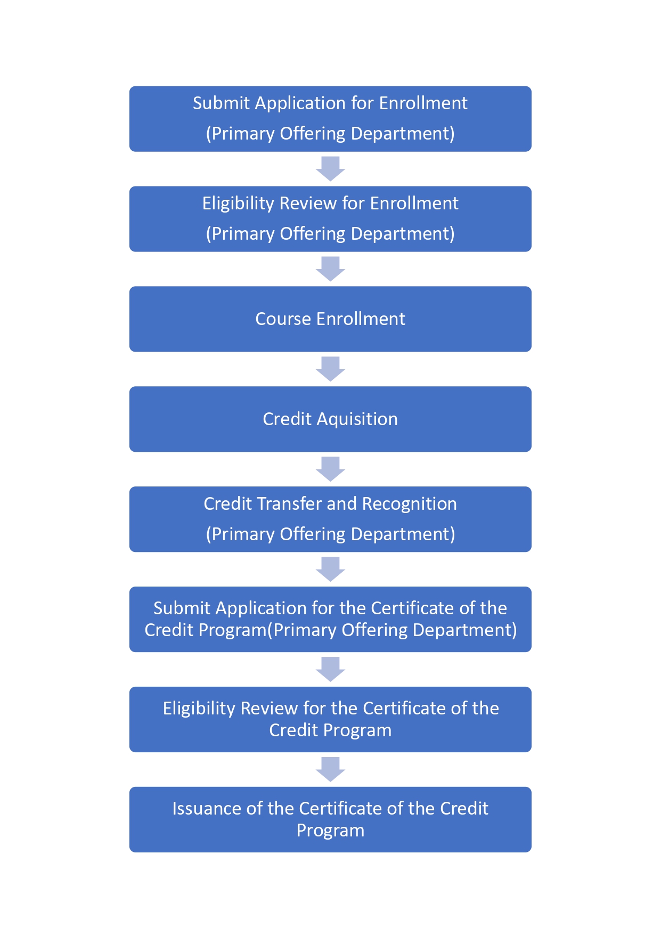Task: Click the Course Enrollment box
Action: pos(330,319)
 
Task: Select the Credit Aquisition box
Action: pos(330,419)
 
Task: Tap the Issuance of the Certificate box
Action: pos(330,819)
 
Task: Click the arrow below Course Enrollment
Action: pos(330,369)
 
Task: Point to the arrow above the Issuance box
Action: pos(330,769)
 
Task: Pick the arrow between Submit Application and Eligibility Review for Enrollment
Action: pos(330,169)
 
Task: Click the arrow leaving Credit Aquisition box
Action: pos(330,469)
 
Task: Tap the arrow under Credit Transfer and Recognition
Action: pos(330,569)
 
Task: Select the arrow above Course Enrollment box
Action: pos(330,269)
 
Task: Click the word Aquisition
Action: pos(357,420)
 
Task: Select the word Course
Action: pos(283,319)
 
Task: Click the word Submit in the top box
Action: pos(221,103)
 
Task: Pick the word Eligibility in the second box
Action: pos(238,204)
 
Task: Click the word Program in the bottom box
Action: pos(330,831)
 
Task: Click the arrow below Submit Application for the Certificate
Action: pos(330,669)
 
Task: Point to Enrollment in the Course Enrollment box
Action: pos(361,319)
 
